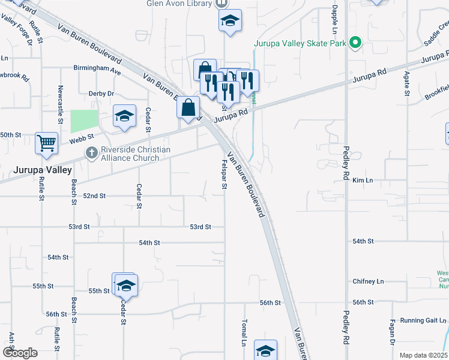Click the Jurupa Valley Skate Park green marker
tap(355, 43)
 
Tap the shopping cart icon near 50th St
tap(46, 143)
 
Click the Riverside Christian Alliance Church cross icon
tap(91, 154)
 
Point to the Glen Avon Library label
tap(179, 4)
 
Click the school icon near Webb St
tap(124, 116)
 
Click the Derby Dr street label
tap(101, 94)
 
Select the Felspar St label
tap(224, 174)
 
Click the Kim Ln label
tap(363, 180)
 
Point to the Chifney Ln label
tap(368, 281)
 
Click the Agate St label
tap(406, 84)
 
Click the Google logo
tap(20, 353)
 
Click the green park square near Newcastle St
tap(84, 121)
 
